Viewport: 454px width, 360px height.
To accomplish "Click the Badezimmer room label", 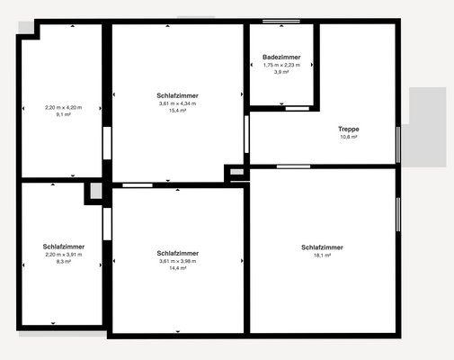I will pyautogui.click(x=281, y=57).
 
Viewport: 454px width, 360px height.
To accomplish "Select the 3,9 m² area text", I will pyautogui.click(x=281, y=72).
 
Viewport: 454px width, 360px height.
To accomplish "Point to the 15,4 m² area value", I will pyautogui.click(x=177, y=111).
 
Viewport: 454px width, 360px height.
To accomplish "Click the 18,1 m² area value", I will pyautogui.click(x=322, y=256).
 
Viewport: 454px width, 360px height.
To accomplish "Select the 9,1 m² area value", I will pyautogui.click(x=63, y=115).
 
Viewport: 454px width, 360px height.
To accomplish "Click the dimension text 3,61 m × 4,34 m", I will pyautogui.click(x=177, y=103).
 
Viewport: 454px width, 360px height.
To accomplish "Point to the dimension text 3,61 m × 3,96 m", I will pyautogui.click(x=177, y=261).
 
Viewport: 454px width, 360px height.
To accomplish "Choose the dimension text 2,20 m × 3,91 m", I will pyautogui.click(x=63, y=256).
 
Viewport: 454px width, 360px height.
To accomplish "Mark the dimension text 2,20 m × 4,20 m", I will pyautogui.click(x=63, y=108).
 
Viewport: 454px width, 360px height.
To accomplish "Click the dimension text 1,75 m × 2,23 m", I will pyautogui.click(x=281, y=65).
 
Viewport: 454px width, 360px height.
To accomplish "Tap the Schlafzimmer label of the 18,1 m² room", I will pyautogui.click(x=322, y=247).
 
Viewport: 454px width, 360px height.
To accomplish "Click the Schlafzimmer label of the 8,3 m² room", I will pyautogui.click(x=63, y=247).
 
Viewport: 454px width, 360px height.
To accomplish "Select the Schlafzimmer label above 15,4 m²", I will pyautogui.click(x=177, y=95).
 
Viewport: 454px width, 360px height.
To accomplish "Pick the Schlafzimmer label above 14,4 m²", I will pyautogui.click(x=177, y=253).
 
